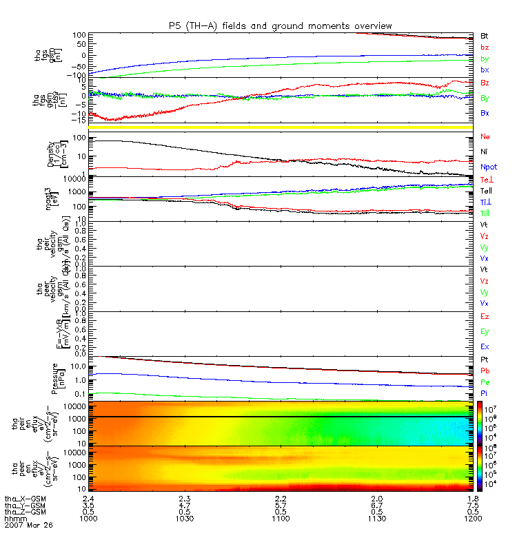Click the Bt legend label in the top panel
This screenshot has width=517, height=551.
[x=485, y=35]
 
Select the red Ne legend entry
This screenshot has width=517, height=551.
[x=485, y=136]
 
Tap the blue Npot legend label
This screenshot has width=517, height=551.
[x=488, y=167]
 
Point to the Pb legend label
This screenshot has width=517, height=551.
[x=485, y=371]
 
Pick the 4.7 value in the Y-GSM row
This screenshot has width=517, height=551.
[x=185, y=505]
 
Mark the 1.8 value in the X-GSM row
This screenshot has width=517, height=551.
[x=472, y=498]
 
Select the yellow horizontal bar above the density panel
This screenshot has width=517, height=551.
[x=280, y=128]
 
